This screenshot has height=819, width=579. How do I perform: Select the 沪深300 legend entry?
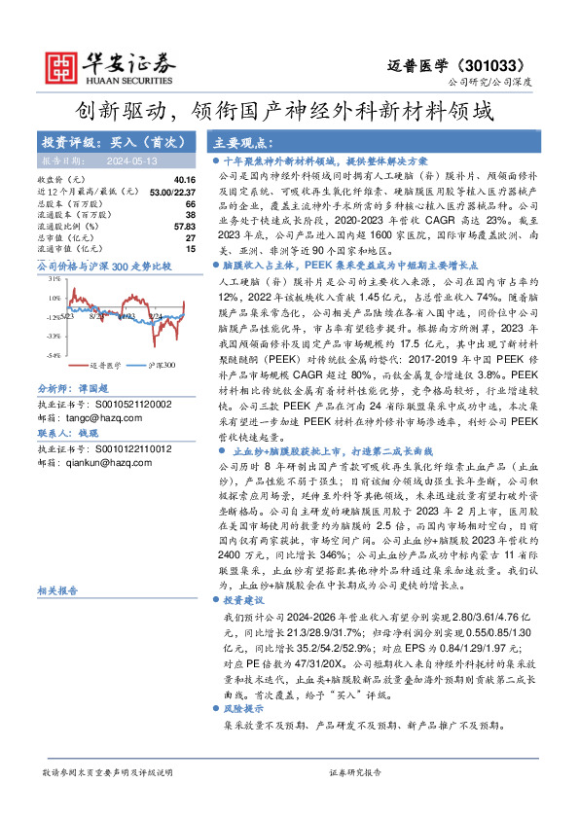pyautogui.click(x=162, y=364)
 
